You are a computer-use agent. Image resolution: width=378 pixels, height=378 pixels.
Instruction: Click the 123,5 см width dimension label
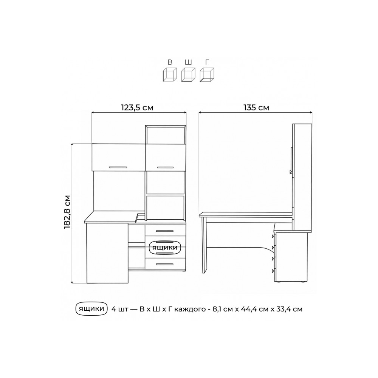point(137,107)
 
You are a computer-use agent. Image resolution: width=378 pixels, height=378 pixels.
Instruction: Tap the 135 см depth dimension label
point(256,107)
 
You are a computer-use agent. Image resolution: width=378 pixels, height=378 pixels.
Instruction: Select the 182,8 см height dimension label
point(67,212)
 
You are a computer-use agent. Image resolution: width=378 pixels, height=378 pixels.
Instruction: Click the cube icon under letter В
point(170,74)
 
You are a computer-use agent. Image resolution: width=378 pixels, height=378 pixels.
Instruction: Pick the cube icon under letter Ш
point(188,74)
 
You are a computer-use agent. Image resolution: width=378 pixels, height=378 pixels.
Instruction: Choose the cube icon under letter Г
point(207,74)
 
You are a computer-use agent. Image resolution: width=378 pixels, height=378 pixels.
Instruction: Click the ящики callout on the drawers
point(165,248)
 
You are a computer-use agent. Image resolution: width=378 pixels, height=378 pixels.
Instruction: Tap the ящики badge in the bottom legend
point(91,308)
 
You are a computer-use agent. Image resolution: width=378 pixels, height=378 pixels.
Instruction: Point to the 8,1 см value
point(222,309)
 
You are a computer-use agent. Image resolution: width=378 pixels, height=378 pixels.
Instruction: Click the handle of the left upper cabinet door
point(118,167)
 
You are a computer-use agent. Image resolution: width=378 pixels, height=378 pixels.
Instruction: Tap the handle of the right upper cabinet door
point(165,167)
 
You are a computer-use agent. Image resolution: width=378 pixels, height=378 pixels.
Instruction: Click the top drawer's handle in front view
point(165,231)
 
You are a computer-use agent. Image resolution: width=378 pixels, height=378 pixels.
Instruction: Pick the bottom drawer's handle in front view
point(165,265)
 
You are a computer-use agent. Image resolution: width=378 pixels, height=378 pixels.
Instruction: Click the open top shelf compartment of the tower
point(166,135)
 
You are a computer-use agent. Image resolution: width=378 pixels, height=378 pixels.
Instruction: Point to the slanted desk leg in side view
point(204,245)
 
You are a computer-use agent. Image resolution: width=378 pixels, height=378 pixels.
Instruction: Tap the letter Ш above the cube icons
point(188,62)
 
